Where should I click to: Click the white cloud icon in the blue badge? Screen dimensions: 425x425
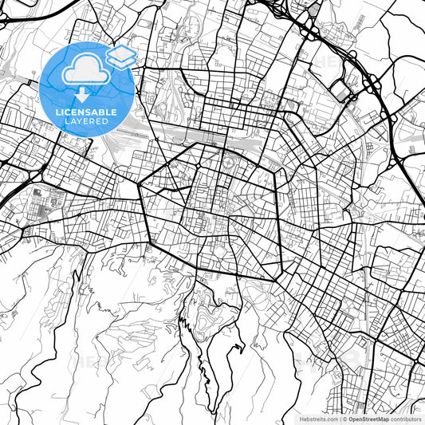click(x=82, y=71)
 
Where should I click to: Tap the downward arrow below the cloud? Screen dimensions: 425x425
click(x=82, y=93)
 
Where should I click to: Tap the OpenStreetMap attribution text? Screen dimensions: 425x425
click(x=367, y=418)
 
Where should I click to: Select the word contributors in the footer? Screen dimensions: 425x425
click(x=406, y=418)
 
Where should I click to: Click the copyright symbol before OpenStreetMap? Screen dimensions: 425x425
click(x=343, y=418)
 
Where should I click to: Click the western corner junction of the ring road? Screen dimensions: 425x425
click(x=140, y=185)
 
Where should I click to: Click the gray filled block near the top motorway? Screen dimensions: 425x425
click(x=314, y=10)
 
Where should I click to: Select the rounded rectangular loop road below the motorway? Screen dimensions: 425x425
click(x=343, y=91)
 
